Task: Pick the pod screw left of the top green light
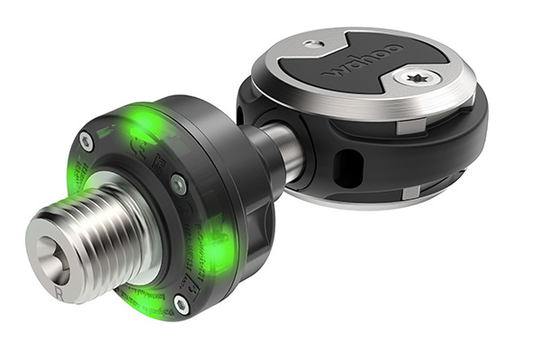(x=86, y=140)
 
